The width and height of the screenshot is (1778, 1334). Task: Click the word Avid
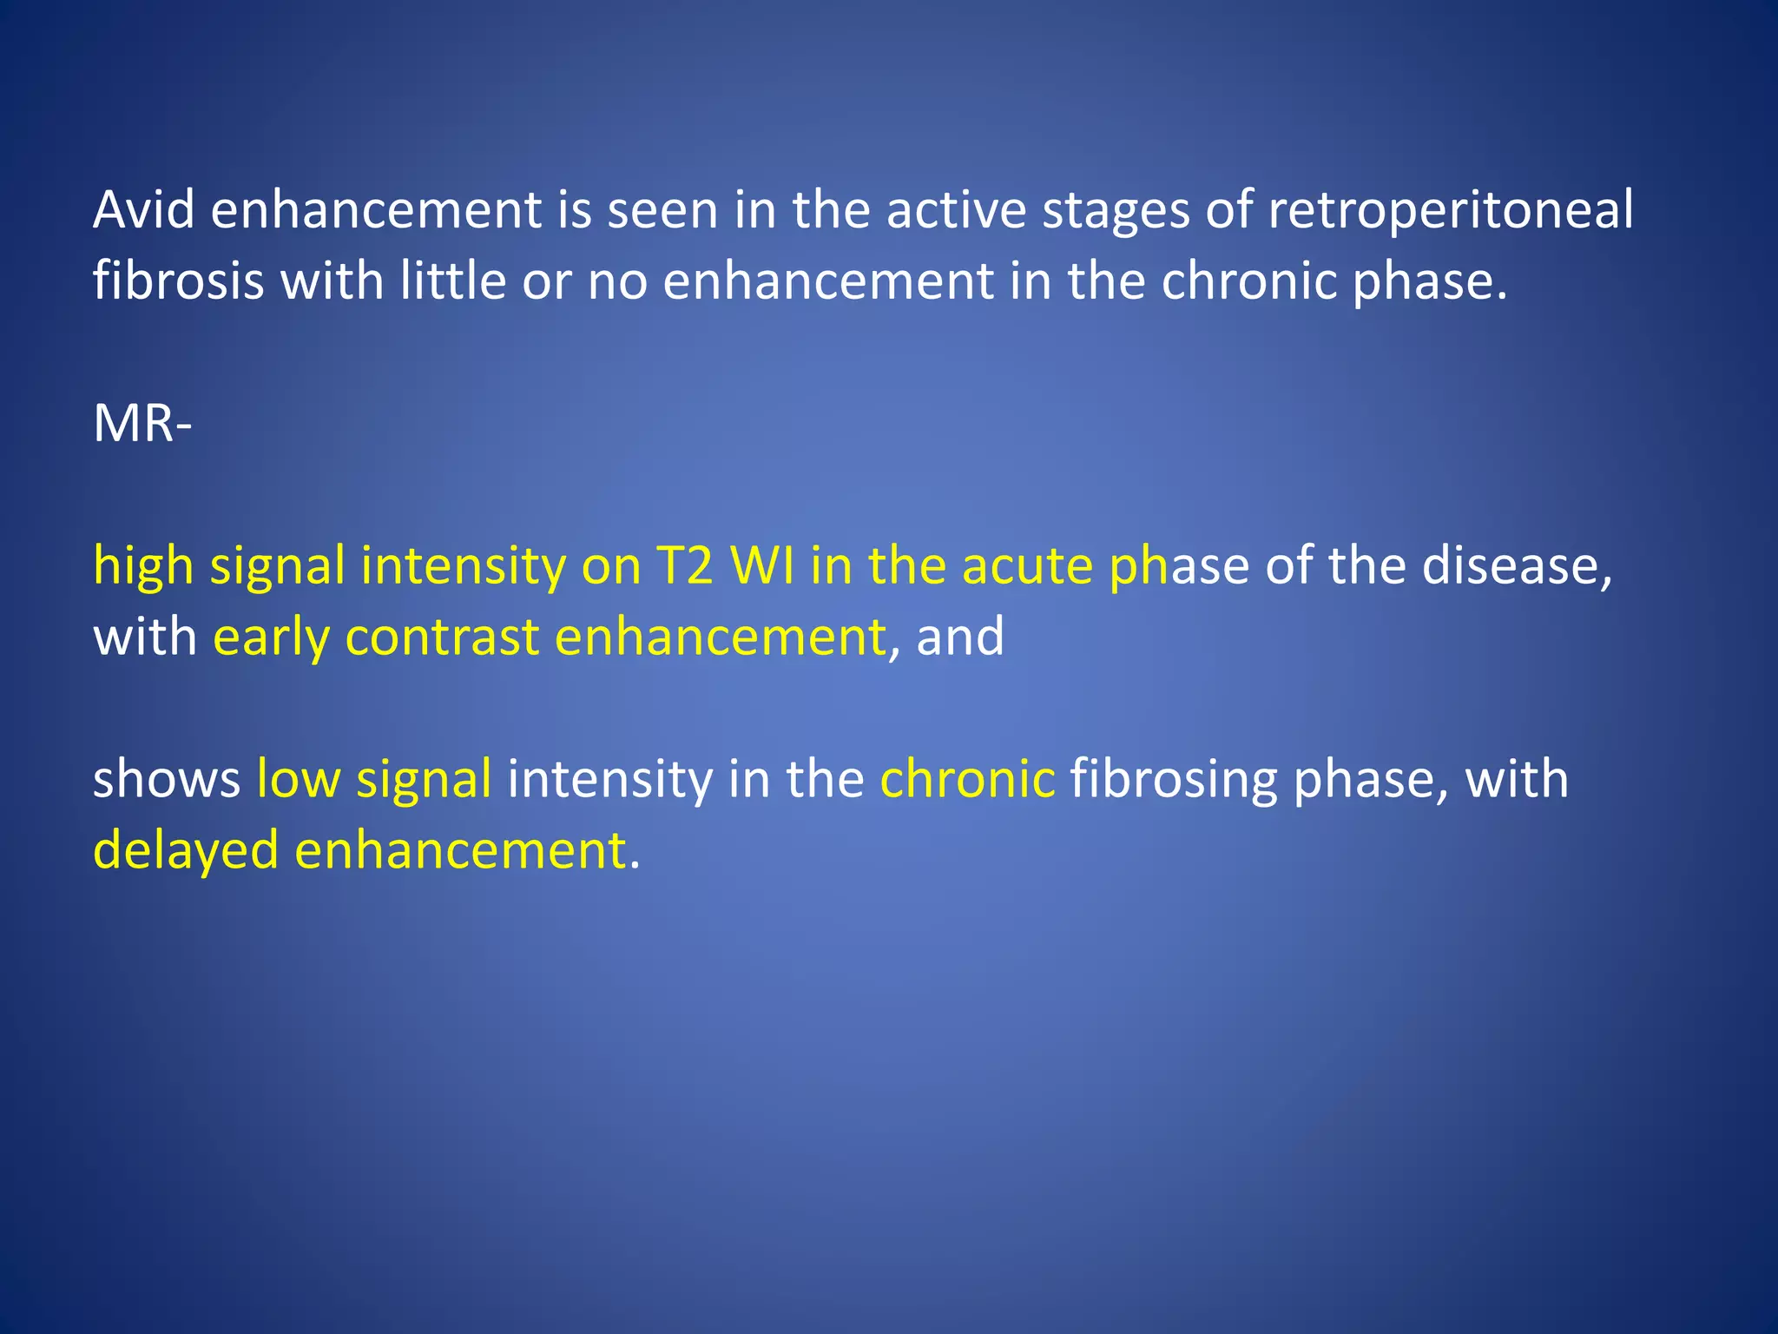[x=144, y=210]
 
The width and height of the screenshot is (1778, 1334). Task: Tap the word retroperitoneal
[x=1451, y=210]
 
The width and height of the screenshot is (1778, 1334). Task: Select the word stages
[x=1116, y=210]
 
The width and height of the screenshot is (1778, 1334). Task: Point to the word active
[x=955, y=210]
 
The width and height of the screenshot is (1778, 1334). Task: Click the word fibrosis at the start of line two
[x=178, y=281]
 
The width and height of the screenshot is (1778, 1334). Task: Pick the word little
[x=452, y=281]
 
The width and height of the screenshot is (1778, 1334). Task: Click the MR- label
[x=142, y=424]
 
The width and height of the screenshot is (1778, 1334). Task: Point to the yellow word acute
[x=1027, y=566]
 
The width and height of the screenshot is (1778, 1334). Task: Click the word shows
[x=167, y=779]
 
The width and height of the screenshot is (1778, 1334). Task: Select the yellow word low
[x=298, y=779]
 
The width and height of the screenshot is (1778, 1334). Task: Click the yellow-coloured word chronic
[x=967, y=779]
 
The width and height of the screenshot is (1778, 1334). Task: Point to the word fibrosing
[x=1173, y=779]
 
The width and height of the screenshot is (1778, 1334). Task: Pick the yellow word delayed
[x=186, y=850]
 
